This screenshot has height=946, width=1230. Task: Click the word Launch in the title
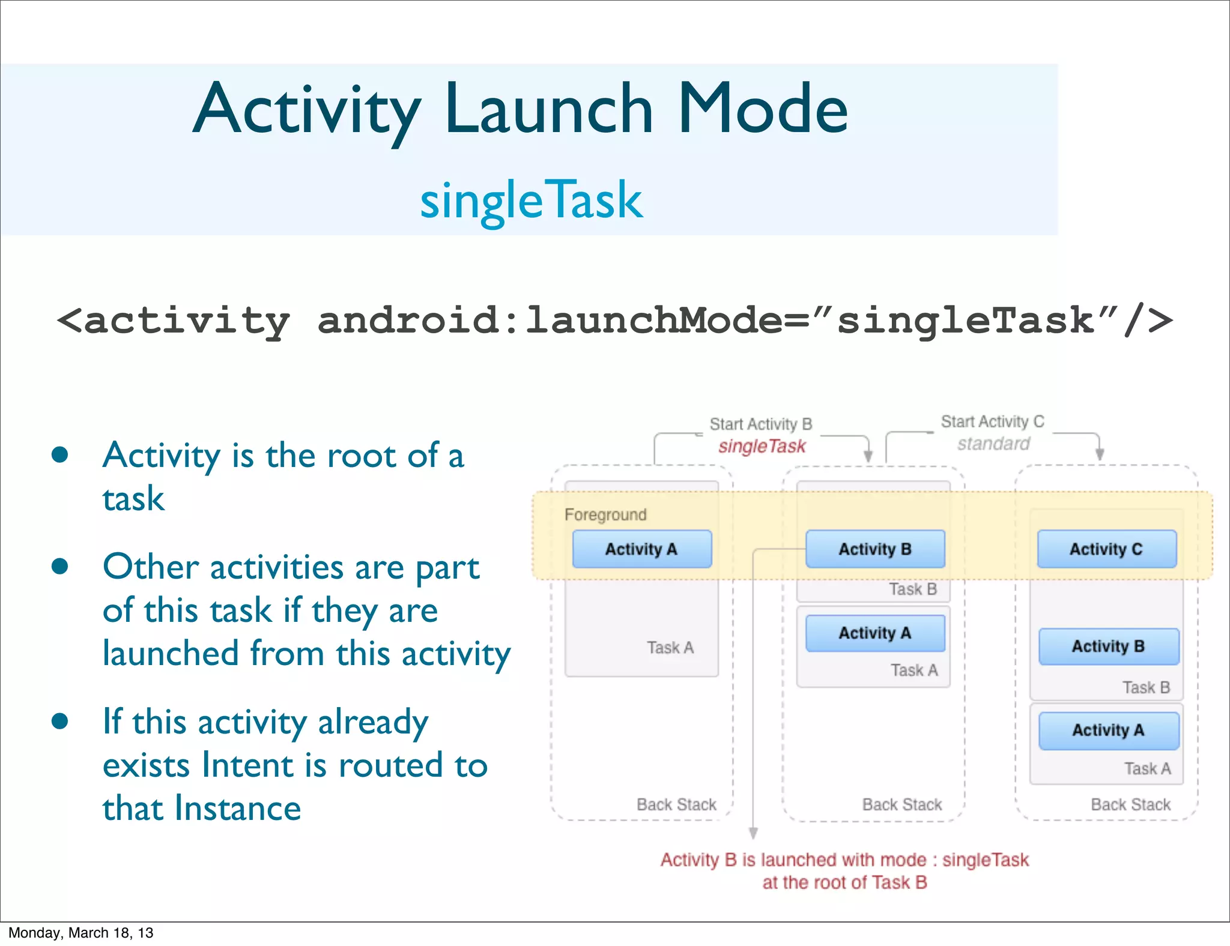(548, 109)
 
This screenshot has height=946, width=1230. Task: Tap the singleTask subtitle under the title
(531, 200)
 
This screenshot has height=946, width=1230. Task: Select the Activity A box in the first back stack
(641, 549)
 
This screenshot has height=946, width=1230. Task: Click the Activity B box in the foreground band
(874, 549)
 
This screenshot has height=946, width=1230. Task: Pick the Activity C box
(1106, 549)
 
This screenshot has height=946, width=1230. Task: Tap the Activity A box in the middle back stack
(874, 633)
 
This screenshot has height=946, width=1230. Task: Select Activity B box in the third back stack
(1108, 646)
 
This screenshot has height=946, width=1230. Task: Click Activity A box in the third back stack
(1108, 730)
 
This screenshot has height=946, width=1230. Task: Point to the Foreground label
(605, 514)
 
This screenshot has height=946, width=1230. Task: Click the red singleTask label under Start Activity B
(762, 446)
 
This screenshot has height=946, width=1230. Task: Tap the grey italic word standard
(993, 444)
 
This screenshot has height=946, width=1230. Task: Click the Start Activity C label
(992, 421)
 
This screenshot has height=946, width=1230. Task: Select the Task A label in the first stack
(670, 647)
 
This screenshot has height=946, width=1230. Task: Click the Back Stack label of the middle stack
(901, 804)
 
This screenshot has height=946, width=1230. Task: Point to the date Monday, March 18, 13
(80, 932)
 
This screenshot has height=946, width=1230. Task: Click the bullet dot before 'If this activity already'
(59, 720)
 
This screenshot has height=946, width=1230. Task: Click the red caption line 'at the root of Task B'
(844, 882)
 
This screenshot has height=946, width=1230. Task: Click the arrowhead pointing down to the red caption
(753, 833)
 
